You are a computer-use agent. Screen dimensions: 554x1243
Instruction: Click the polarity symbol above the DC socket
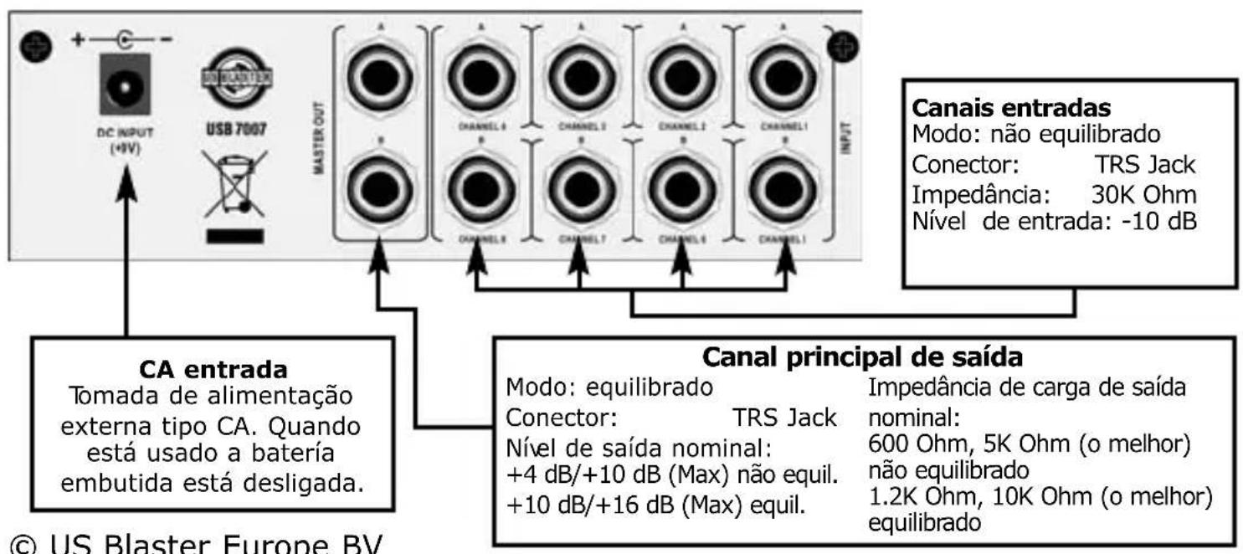click(125, 39)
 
